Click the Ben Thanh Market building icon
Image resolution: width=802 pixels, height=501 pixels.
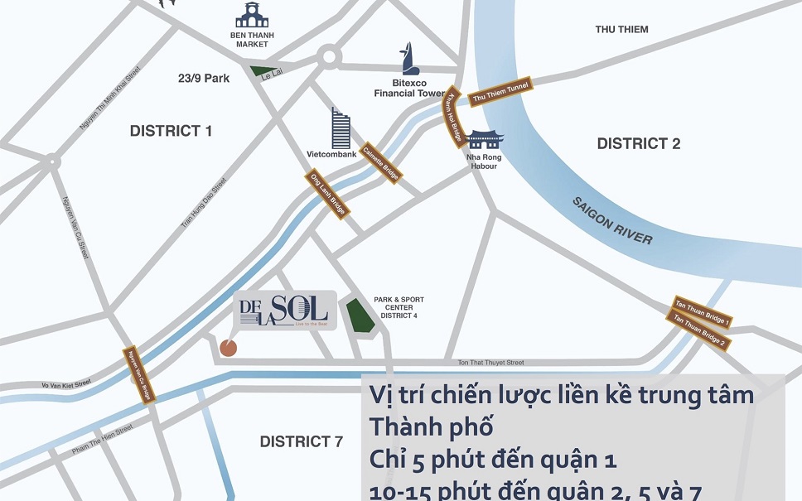pos(252,15)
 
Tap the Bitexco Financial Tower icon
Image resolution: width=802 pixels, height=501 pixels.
pos(407,58)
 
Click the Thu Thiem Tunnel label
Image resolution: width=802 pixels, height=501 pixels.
pos(500,93)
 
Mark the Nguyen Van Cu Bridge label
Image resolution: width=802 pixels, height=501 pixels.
pos(138,375)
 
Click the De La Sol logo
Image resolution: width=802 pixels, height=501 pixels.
pos(284,310)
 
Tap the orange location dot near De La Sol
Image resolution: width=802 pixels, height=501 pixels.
pos(228,348)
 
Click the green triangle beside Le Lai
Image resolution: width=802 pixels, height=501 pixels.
pos(263,72)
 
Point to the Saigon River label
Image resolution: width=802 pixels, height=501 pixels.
pos(611,221)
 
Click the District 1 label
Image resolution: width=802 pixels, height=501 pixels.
pos(171,131)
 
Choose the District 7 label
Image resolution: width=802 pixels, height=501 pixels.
pos(301,441)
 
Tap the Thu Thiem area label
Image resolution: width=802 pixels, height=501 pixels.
pos(621,30)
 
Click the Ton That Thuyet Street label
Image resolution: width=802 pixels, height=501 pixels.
pos(491,363)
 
